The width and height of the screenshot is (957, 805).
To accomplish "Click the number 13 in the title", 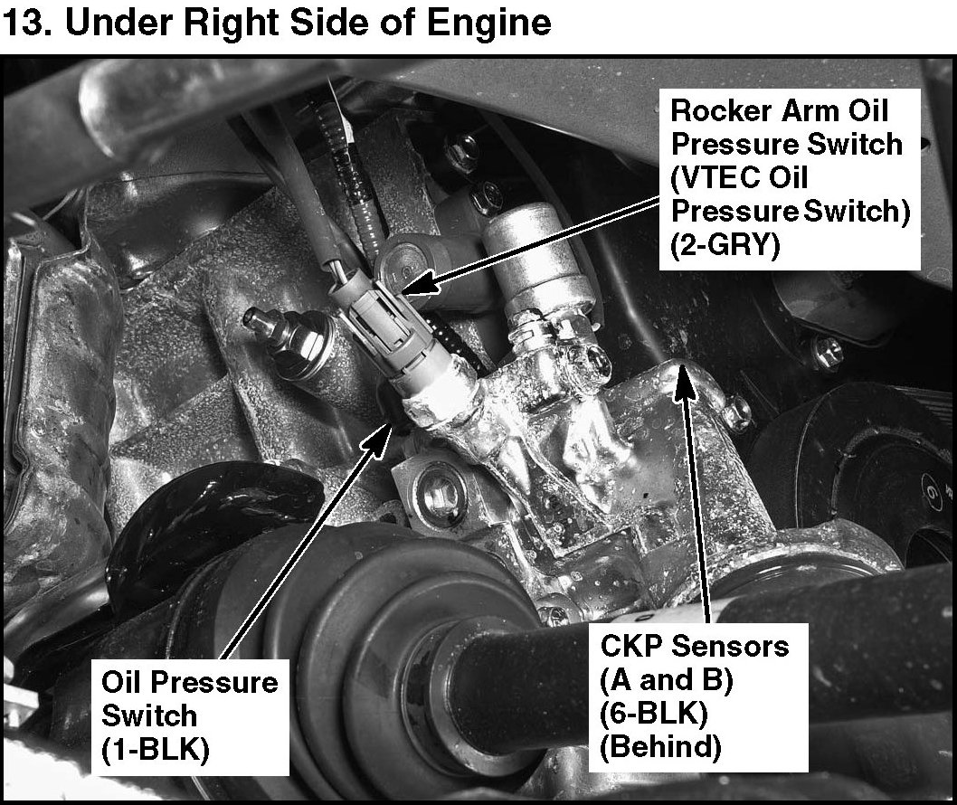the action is coord(22,23).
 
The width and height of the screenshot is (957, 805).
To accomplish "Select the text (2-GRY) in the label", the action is coord(725,246).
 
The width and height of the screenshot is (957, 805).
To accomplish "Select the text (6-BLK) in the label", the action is coord(654,714).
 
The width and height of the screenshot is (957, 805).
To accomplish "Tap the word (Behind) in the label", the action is coord(660,747).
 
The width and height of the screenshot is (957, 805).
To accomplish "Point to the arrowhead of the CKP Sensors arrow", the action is coord(686,381).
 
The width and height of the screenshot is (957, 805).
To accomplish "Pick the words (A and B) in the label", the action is coord(667,680).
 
